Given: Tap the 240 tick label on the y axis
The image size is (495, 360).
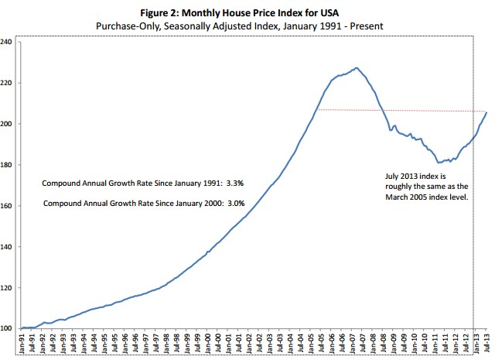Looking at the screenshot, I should click(x=8, y=41).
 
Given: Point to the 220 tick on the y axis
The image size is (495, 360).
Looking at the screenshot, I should click(x=8, y=82).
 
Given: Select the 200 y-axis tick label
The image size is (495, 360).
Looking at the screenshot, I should click(x=8, y=124).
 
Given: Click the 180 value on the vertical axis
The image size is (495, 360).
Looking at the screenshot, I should click(x=8, y=165).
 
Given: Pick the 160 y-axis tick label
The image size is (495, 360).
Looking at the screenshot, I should click(x=8, y=206).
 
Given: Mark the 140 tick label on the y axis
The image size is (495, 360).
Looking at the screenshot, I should click(x=8, y=247).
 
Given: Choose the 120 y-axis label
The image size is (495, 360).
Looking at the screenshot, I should click(x=8, y=288).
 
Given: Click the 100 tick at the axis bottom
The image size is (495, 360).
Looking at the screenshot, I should click(x=8, y=329).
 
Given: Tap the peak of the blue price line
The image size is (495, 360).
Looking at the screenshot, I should click(x=355, y=68).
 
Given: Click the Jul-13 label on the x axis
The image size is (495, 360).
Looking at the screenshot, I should click(x=485, y=344).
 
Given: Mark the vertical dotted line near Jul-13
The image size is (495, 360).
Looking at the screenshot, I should click(x=473, y=232).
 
